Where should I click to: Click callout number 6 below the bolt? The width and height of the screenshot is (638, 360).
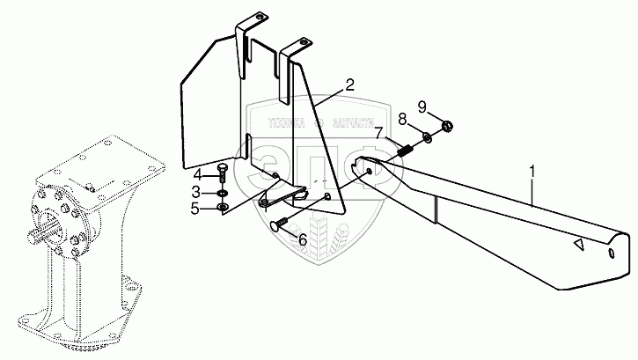pyautogui.click(x=303, y=238)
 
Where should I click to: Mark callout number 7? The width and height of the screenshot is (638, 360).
pyautogui.click(x=378, y=135)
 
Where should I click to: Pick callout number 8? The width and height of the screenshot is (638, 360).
pyautogui.click(x=403, y=119)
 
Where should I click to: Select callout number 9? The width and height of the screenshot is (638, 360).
pyautogui.click(x=422, y=107)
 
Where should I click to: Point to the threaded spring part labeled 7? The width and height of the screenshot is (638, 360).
pyautogui.click(x=407, y=151)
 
